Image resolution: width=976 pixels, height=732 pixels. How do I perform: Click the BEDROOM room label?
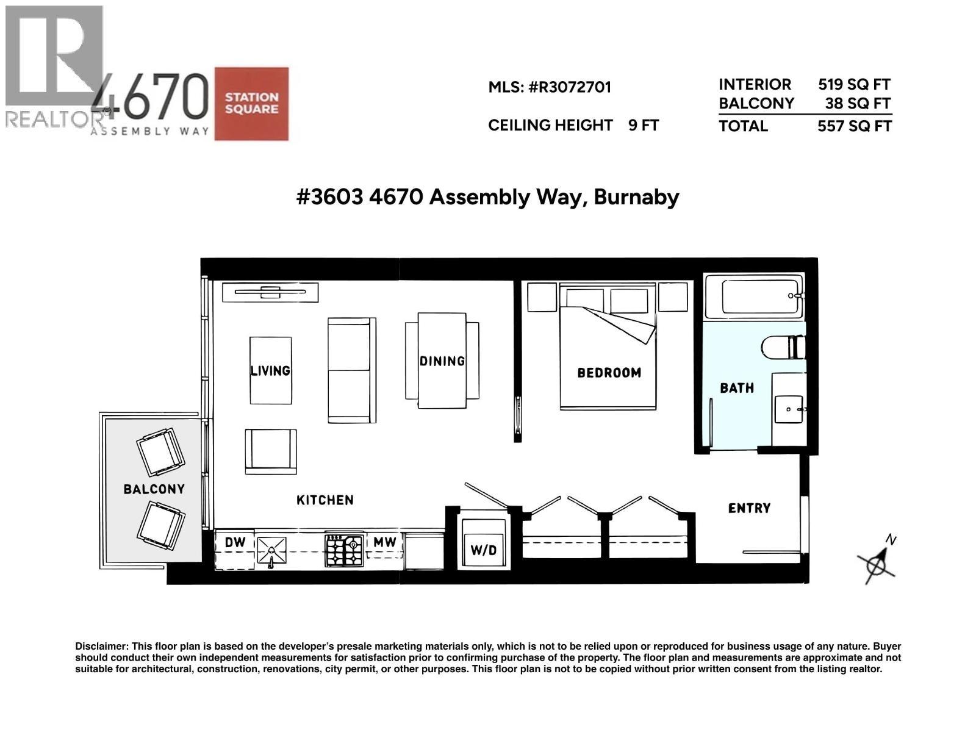(x=609, y=372)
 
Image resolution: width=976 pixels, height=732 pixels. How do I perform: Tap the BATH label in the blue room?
(x=737, y=388)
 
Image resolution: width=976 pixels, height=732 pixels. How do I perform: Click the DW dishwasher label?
(x=235, y=543)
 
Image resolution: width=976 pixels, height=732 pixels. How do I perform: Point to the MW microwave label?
(x=385, y=542)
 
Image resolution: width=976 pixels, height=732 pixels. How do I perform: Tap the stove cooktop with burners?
(x=344, y=551)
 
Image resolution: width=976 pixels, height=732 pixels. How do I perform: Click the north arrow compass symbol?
(x=877, y=562)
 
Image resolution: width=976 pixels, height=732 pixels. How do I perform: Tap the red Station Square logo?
(x=251, y=104)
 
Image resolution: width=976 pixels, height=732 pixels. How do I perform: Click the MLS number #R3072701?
(x=570, y=87)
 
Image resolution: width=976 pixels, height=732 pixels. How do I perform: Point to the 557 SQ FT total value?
(x=854, y=126)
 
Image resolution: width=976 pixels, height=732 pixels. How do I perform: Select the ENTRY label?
(x=749, y=508)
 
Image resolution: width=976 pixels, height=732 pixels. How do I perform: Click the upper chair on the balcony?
(x=160, y=452)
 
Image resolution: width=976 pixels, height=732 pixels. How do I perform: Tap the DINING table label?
(x=442, y=361)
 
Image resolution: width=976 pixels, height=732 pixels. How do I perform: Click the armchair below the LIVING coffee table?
(x=271, y=451)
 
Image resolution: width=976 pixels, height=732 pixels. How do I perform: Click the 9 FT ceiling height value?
(x=644, y=125)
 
